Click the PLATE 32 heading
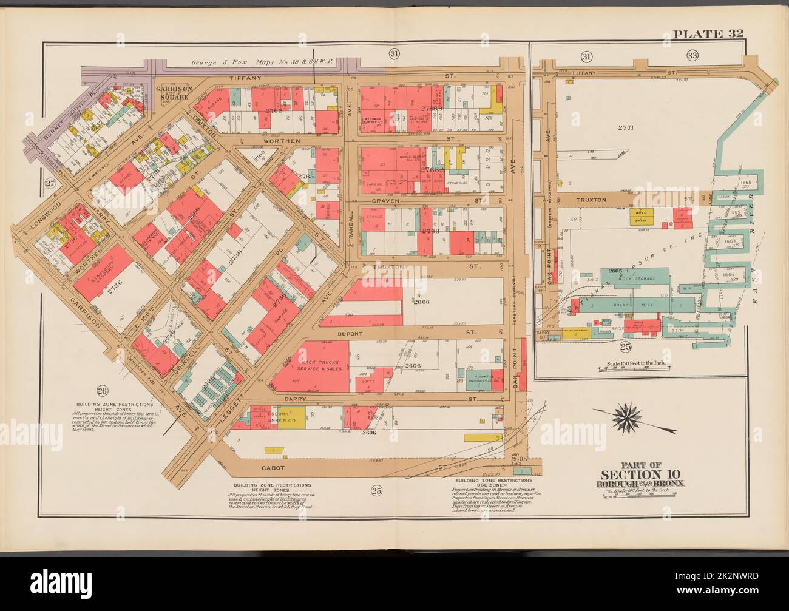click(709, 33)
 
